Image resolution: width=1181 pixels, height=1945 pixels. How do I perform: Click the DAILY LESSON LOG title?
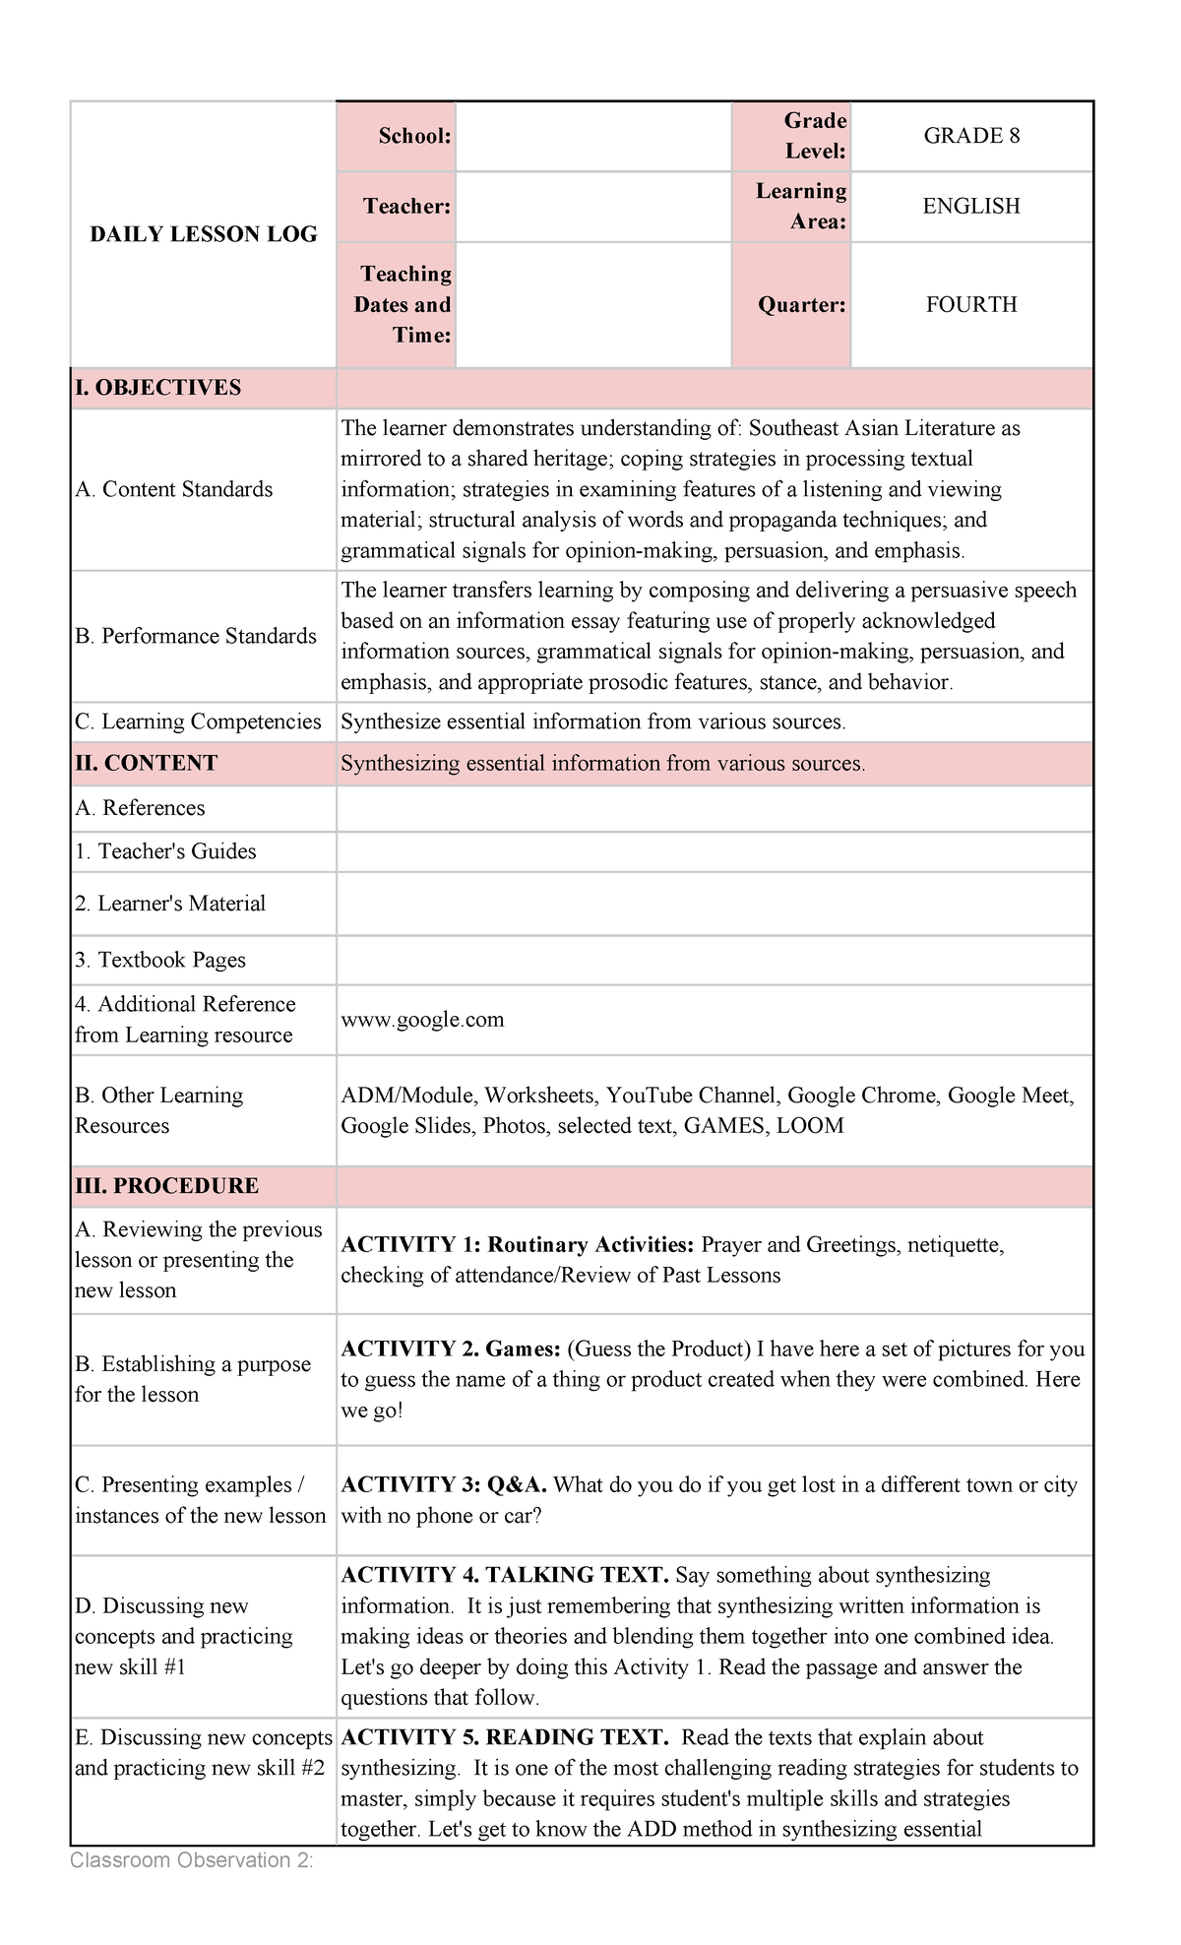pos(204,234)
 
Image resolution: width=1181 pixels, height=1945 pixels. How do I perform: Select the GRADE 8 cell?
pos(970,136)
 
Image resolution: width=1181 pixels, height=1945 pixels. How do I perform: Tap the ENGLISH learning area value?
pos(970,206)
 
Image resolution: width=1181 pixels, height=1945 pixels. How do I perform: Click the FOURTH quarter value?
pos(970,304)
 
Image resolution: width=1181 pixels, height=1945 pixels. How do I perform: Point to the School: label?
pos(414,136)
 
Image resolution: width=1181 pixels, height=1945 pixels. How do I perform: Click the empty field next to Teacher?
pos(593,207)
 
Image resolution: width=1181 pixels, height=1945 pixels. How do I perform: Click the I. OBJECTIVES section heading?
pos(158,388)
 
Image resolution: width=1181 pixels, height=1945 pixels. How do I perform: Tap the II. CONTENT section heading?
pos(147,764)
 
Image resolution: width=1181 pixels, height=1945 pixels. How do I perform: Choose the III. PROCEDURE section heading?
pos(167,1186)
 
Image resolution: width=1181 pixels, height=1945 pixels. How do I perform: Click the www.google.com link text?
pos(422,1020)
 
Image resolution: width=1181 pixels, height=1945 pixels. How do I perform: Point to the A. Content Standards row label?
pos(174,489)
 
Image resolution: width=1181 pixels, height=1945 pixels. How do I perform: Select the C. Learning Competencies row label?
pos(198,722)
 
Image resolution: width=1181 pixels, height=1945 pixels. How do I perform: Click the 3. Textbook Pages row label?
pos(160,960)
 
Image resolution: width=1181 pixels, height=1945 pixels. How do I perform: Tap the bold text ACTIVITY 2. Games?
pos(451,1349)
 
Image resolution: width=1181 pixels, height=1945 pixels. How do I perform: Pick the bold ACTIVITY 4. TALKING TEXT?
pos(505,1575)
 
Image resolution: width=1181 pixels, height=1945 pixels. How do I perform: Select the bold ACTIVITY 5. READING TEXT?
pos(505,1737)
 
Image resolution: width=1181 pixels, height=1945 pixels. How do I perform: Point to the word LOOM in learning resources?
pos(810,1126)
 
